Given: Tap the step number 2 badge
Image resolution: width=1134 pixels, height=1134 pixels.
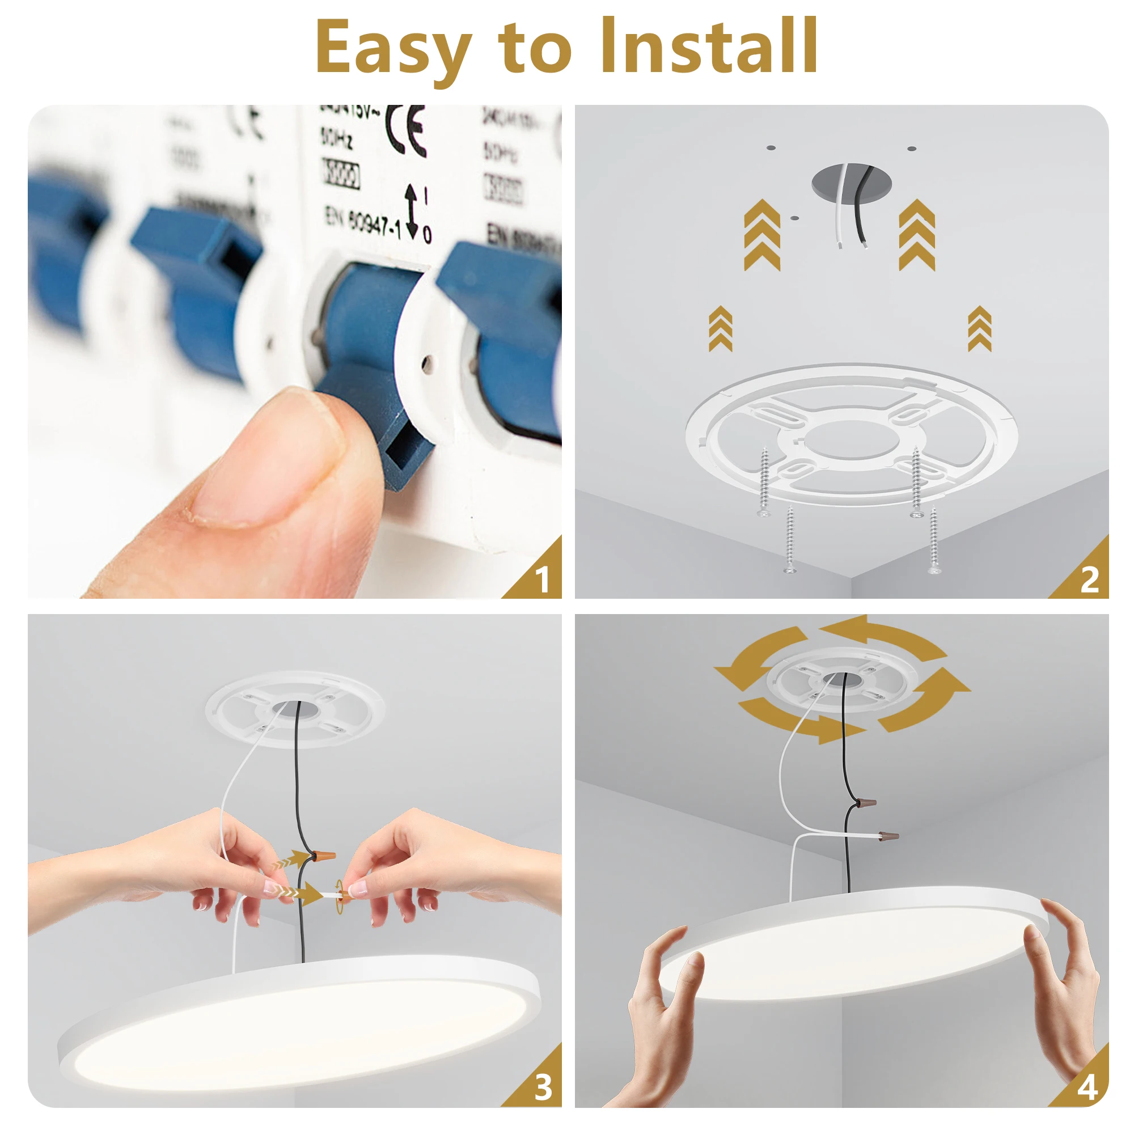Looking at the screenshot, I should click(1089, 579).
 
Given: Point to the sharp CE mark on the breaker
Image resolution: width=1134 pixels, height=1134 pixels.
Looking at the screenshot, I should click(407, 130).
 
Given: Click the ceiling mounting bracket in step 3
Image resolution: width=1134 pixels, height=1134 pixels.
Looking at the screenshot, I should click(295, 709).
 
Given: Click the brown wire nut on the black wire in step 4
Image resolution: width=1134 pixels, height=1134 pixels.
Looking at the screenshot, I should click(865, 802).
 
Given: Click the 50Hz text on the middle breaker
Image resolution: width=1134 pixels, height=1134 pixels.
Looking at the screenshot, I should click(336, 139).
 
